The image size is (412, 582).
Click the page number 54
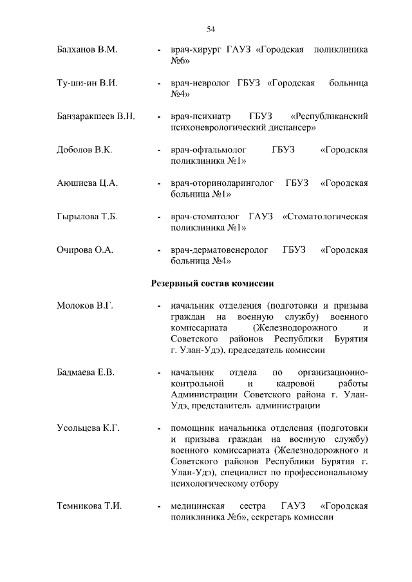tap(211, 29)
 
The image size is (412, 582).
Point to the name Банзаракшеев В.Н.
tap(95, 116)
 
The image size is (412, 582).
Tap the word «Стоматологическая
tap(325, 217)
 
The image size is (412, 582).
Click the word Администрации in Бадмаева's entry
tap(204, 394)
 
